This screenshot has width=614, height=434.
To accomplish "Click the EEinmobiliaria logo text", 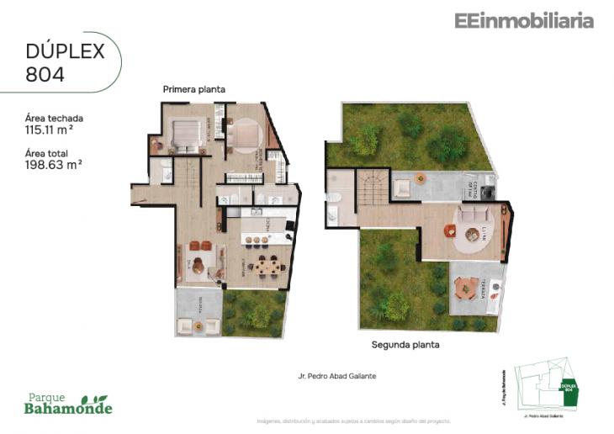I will click(524, 21).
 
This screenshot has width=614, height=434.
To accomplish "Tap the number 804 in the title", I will click(45, 73).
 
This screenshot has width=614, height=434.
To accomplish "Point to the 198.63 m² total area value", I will click(54, 165).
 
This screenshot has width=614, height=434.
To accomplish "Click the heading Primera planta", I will click(194, 88).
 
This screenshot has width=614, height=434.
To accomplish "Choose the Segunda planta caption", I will click(405, 344).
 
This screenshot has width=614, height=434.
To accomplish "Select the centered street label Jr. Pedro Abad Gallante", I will click(336, 376).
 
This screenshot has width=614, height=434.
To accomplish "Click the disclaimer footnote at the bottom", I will click(353, 421).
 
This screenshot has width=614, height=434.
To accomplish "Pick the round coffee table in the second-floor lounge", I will click(462, 230).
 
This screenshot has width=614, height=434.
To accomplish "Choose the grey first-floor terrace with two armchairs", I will click(198, 313).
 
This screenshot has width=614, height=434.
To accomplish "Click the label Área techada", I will click(55, 119).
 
